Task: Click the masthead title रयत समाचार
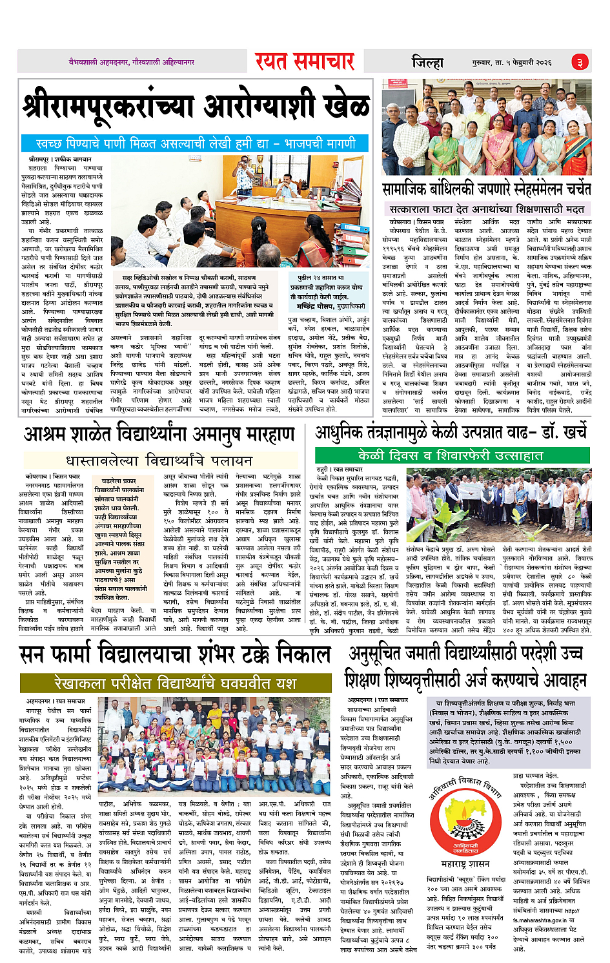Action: pyautogui.click(x=304, y=61)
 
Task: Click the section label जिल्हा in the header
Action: pyautogui.click(x=427, y=63)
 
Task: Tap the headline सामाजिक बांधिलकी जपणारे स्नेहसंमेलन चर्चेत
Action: pyautogui.click(x=487, y=189)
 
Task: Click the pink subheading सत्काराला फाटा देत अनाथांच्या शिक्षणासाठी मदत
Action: pyautogui.click(x=487, y=209)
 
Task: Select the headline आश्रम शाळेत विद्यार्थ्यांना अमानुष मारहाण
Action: pyautogui.click(x=159, y=435)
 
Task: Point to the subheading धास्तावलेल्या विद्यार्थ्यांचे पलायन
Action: pyautogui.click(x=159, y=461)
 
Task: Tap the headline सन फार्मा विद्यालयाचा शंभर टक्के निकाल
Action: pyautogui.click(x=176, y=654)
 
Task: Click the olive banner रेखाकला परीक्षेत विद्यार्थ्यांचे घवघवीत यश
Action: pyautogui.click(x=176, y=683)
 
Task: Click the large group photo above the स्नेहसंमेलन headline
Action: pyautogui.click(x=486, y=127)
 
